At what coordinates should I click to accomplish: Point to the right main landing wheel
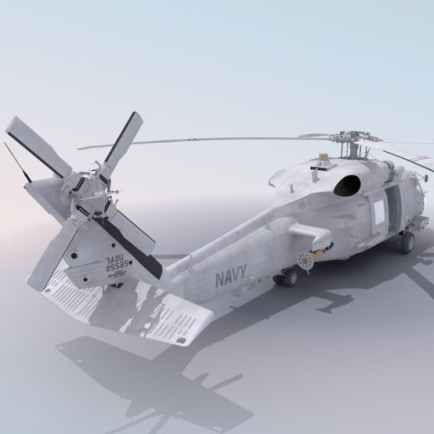(407, 241)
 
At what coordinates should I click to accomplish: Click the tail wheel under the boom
(288, 278)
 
